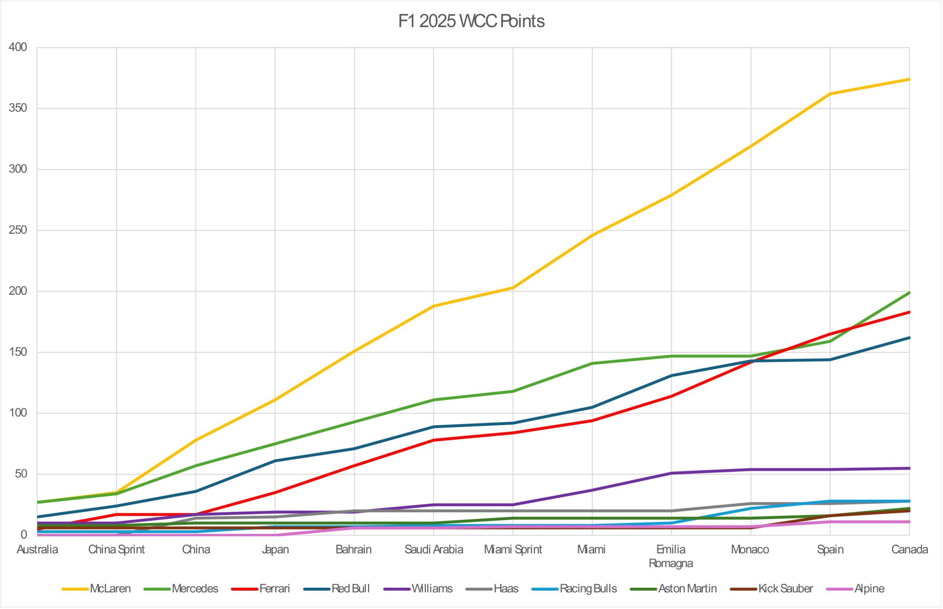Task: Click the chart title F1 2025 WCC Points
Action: (471, 21)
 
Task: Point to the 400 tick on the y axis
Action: (18, 48)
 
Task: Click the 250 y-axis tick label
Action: (18, 230)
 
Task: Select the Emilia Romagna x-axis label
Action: (671, 556)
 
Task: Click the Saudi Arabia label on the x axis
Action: (434, 550)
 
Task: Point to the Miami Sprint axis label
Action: (513, 550)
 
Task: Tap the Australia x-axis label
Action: (38, 550)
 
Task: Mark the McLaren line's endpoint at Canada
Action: (909, 79)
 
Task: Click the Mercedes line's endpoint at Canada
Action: (909, 293)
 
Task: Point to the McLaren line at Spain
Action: (830, 94)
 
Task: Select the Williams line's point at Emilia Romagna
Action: (672, 473)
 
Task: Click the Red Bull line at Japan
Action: (275, 461)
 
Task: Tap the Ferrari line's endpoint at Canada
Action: (909, 312)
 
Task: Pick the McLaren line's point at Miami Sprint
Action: (513, 287)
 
